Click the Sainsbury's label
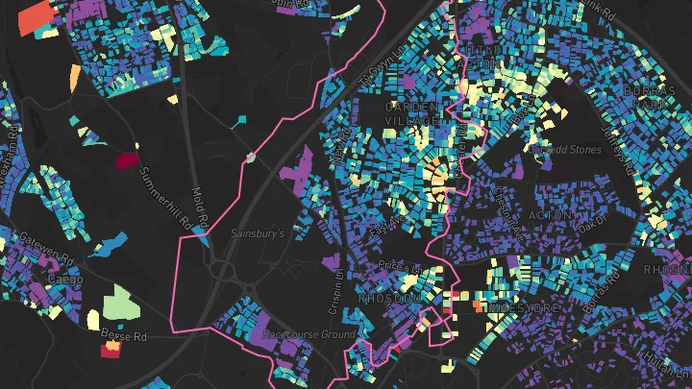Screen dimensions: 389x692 (x=258, y=233)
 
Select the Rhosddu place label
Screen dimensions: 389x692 (x=389, y=299)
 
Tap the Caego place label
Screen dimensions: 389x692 (x=65, y=280)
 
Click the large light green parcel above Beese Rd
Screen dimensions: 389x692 (x=123, y=303)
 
